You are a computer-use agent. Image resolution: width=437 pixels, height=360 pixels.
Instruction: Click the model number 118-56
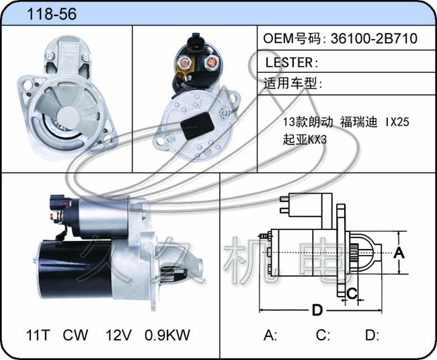pyautogui.click(x=52, y=14)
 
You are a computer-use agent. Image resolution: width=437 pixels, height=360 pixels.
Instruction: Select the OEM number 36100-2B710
pyautogui.click(x=374, y=38)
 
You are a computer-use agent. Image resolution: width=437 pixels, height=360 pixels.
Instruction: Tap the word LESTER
pyautogui.click(x=289, y=63)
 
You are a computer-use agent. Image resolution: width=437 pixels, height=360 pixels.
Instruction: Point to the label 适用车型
pyautogui.click(x=290, y=83)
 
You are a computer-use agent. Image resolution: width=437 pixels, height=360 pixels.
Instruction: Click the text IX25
pyautogui.click(x=397, y=122)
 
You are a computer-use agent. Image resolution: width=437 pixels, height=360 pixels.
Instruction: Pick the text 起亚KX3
pyautogui.click(x=305, y=139)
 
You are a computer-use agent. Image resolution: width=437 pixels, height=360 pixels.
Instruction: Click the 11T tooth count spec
pyautogui.click(x=38, y=335)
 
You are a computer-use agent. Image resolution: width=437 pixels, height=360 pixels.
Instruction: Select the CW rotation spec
pyautogui.click(x=75, y=335)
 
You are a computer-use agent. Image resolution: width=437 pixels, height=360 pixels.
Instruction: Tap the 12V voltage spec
pyautogui.click(x=118, y=335)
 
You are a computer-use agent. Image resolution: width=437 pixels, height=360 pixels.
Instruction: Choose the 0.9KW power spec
pyautogui.click(x=167, y=335)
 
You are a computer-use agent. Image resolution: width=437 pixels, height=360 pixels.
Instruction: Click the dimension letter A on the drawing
pyautogui.click(x=399, y=252)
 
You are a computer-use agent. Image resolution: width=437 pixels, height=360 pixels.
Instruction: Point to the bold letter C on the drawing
pyautogui.click(x=352, y=293)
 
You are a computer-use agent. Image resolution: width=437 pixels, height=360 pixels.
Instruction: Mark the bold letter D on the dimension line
pyautogui.click(x=317, y=310)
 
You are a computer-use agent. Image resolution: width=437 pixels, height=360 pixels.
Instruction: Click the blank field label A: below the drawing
pyautogui.click(x=270, y=335)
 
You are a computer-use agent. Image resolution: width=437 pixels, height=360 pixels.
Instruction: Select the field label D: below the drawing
pyautogui.click(x=372, y=335)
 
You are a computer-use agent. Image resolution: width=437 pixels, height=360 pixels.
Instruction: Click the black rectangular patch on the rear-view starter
pyautogui.click(x=197, y=126)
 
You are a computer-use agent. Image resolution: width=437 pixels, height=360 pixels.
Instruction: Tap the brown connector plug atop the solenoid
pyautogui.click(x=194, y=44)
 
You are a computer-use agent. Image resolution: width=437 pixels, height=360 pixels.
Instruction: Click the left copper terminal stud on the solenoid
pyautogui.click(x=184, y=62)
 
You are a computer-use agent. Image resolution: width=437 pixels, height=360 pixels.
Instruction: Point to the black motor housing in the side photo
pyautogui.click(x=75, y=269)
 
